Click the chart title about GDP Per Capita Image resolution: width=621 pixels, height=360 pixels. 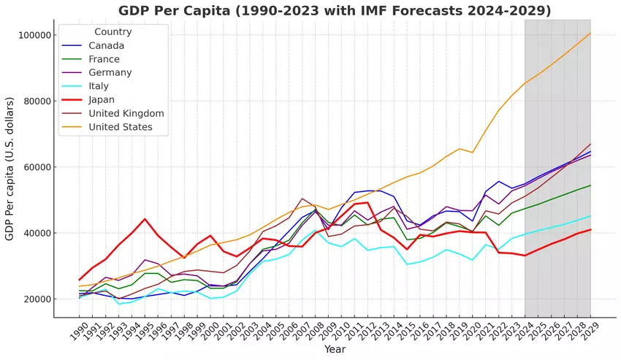[x=335, y=10]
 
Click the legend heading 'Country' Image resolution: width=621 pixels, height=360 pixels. [x=113, y=31]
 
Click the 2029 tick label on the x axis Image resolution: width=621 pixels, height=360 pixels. [x=587, y=333]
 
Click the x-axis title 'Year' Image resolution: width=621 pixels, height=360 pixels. [x=335, y=350]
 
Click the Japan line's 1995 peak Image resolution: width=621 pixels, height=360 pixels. [x=145, y=219]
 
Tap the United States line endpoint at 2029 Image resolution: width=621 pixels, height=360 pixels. [x=590, y=33]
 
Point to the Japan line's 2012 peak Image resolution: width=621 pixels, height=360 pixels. [x=368, y=202]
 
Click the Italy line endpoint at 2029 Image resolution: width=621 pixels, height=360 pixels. [x=590, y=216]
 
